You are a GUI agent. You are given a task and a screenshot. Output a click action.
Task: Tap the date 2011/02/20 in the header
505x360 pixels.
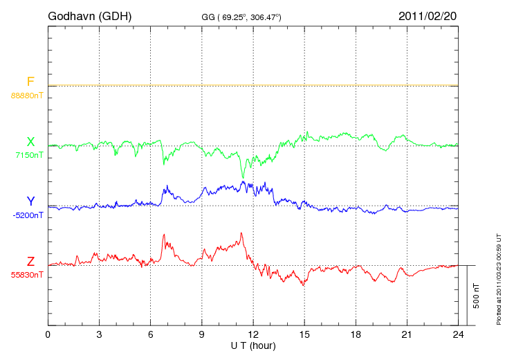coord(428,15)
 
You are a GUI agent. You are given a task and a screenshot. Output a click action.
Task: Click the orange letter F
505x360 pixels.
coord(30,82)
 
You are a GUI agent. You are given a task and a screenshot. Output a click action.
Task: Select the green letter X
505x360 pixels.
coord(30,142)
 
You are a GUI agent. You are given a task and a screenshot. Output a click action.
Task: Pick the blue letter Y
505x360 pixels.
coord(30,201)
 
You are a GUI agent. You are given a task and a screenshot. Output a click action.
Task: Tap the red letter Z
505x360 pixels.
coord(30,262)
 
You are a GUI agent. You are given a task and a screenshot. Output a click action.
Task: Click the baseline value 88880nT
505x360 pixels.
coord(27,96)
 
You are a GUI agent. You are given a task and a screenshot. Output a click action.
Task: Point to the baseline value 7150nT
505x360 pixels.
coord(29,155)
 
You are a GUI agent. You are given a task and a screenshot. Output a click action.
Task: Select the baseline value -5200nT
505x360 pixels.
coord(28,215)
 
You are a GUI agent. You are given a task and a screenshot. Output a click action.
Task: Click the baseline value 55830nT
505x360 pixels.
coord(27,275)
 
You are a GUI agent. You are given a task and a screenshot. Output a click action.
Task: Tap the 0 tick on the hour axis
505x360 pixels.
coord(48,335)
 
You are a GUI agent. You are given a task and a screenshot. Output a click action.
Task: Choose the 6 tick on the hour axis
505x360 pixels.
coord(151,335)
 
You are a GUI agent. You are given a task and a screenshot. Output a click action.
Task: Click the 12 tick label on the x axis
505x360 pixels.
coord(253,335)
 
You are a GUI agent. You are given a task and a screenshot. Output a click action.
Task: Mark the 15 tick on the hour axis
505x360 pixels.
coord(304,335)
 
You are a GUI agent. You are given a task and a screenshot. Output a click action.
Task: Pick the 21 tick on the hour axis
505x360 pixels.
coord(407,335)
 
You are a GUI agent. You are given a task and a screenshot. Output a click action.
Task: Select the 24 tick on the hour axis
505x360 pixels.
coord(459,335)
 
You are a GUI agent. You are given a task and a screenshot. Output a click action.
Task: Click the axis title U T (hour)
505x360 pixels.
coord(253,345)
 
